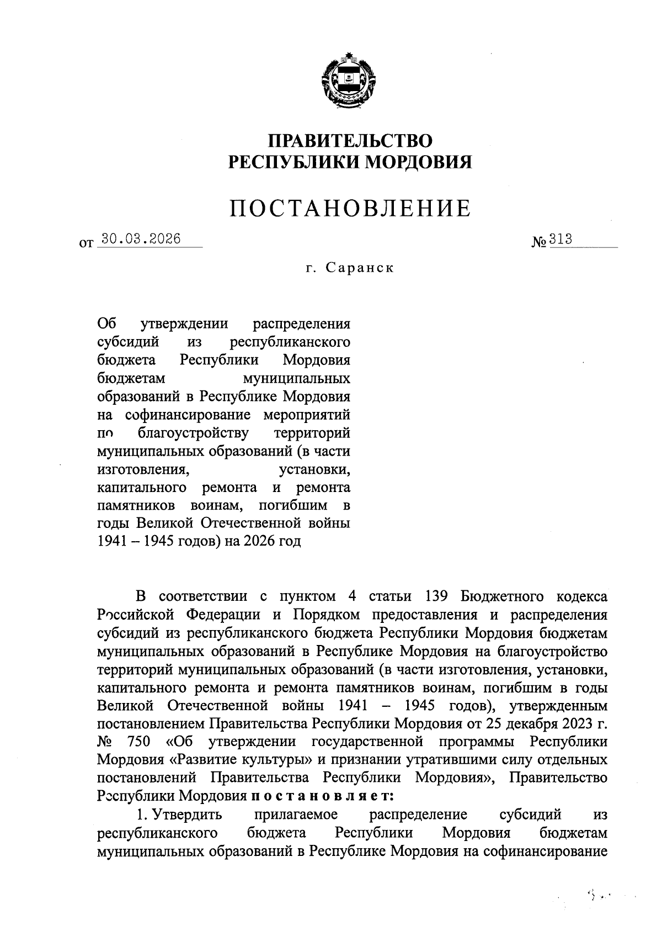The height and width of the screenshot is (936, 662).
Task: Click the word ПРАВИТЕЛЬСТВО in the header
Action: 349,140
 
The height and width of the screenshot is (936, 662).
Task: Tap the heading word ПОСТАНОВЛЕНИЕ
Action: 350,209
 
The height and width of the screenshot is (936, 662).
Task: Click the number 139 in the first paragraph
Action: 439,596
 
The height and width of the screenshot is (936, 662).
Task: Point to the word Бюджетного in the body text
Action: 501,596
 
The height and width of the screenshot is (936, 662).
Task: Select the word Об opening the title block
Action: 105,324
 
